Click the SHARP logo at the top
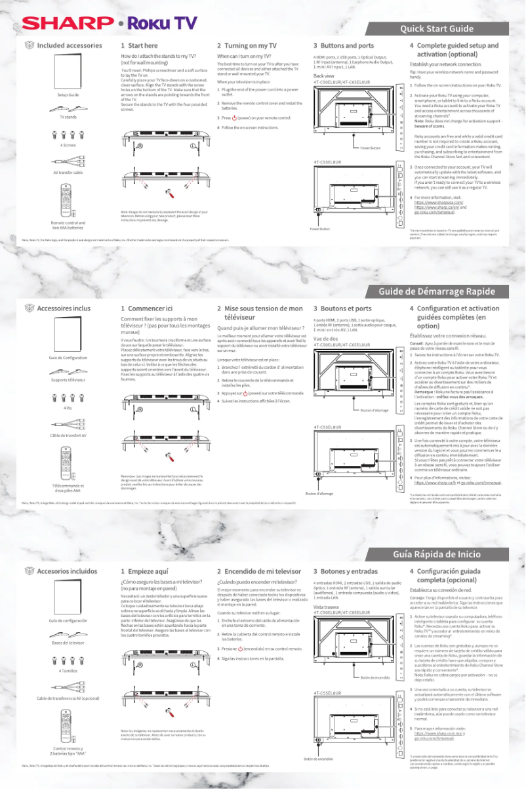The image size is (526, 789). (x=68, y=23)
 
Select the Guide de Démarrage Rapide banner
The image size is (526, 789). (x=436, y=291)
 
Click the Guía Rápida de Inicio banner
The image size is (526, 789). (x=436, y=555)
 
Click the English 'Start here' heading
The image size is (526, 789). (x=139, y=45)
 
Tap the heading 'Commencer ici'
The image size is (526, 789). (x=146, y=308)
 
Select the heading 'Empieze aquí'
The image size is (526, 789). (x=146, y=571)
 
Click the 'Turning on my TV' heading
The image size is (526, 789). (x=246, y=45)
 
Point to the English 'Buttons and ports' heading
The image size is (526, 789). (x=343, y=45)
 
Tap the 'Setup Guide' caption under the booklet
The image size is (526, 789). (x=68, y=95)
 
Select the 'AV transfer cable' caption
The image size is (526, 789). (x=68, y=172)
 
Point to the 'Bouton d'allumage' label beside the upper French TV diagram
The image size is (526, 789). (x=374, y=410)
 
